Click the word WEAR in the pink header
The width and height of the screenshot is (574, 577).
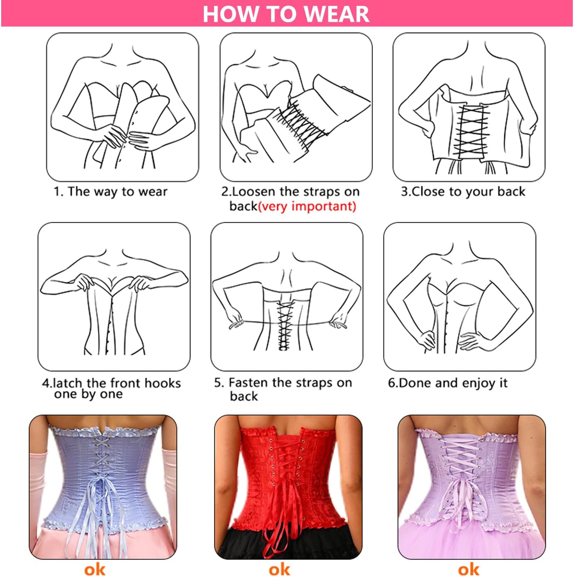(336, 14)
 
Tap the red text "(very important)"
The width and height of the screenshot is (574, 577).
(307, 206)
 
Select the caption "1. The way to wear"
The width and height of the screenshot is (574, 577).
(111, 191)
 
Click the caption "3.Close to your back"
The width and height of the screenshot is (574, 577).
(463, 191)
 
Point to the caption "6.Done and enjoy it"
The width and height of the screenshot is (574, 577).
(448, 383)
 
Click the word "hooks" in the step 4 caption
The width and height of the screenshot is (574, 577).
(161, 383)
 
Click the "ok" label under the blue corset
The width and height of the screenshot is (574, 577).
(95, 570)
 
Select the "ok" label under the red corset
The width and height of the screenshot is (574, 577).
(279, 570)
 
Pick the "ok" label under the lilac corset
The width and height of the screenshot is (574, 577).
(469, 570)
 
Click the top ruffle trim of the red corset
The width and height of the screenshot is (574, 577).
(286, 432)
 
